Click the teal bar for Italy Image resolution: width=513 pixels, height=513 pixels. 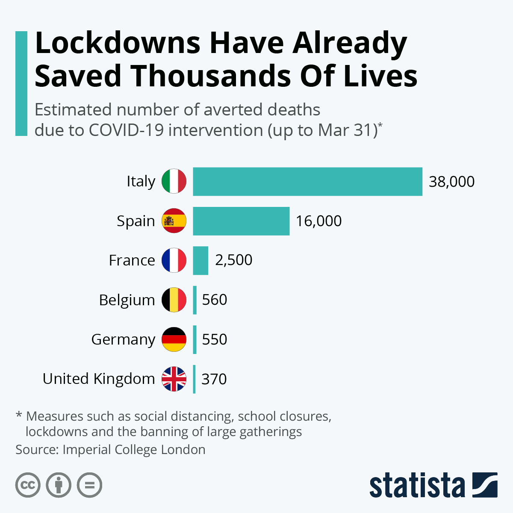(307, 182)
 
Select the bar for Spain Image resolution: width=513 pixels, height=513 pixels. (241, 221)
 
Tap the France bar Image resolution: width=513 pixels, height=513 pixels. (200, 260)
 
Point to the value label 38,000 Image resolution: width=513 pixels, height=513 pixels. (451, 182)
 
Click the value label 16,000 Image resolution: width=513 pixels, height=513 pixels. (318, 221)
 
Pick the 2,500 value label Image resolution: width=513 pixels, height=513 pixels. (233, 260)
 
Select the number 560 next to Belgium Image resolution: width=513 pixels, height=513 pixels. (214, 300)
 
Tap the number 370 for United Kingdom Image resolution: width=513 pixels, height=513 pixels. (214, 379)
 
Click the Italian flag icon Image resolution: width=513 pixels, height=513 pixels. (174, 181)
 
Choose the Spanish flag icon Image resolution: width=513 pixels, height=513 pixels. (174, 221)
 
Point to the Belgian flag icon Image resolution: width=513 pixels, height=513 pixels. (174, 300)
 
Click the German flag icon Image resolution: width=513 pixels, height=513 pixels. (174, 339)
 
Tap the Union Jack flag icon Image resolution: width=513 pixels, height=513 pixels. (174, 379)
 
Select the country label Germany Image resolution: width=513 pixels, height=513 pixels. (123, 339)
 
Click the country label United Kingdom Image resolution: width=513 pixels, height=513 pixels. (99, 379)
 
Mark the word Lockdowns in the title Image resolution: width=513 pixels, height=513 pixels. (118, 44)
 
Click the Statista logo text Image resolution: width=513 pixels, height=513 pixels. (417, 486)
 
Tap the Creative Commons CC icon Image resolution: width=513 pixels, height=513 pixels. (28, 485)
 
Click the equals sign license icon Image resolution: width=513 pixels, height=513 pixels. (90, 485)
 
